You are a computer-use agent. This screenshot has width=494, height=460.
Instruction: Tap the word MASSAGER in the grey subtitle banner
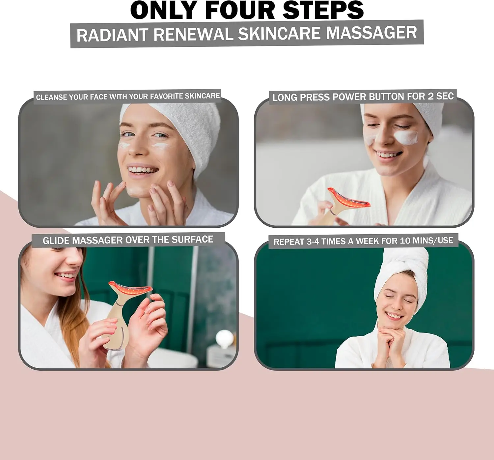tap(371, 33)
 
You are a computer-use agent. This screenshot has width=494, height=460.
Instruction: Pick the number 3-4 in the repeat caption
tap(313, 242)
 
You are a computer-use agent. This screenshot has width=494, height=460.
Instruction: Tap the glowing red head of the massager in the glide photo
tap(130, 289)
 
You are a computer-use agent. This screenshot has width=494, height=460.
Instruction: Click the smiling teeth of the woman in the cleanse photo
tap(143, 170)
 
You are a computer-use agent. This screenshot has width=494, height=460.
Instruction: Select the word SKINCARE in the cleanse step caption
tap(202, 96)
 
